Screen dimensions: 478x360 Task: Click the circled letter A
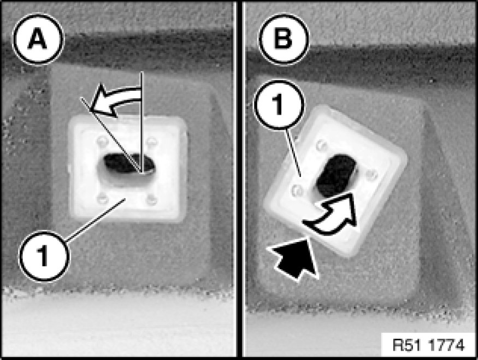tap(38, 39)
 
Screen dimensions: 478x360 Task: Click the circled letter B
tap(283, 39)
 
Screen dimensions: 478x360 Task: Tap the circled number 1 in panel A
tap(44, 256)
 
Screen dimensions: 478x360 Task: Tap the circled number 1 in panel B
tap(279, 104)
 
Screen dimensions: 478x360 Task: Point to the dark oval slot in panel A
tap(129, 163)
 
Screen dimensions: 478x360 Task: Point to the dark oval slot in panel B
tap(336, 176)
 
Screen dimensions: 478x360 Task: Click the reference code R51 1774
tap(428, 345)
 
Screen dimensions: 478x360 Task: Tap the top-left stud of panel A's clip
tap(102, 141)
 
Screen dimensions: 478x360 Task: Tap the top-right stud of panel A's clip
tap(151, 141)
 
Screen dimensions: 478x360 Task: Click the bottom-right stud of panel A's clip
tap(151, 199)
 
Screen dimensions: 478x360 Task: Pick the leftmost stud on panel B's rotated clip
tap(297, 191)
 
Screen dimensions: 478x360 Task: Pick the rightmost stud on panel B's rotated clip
tap(371, 175)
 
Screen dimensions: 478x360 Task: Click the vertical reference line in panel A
tap(141, 122)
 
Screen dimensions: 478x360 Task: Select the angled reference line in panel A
tap(111, 135)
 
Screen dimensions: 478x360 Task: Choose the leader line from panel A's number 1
tap(96, 220)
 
